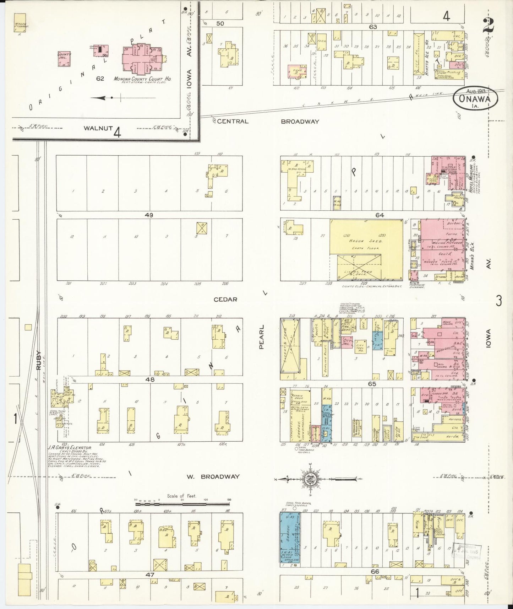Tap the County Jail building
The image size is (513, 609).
pyautogui.click(x=65, y=59)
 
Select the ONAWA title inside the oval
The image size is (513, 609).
pyautogui.click(x=475, y=99)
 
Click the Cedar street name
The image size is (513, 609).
pyautogui.click(x=225, y=299)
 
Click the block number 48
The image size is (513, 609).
pyautogui.click(x=150, y=379)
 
